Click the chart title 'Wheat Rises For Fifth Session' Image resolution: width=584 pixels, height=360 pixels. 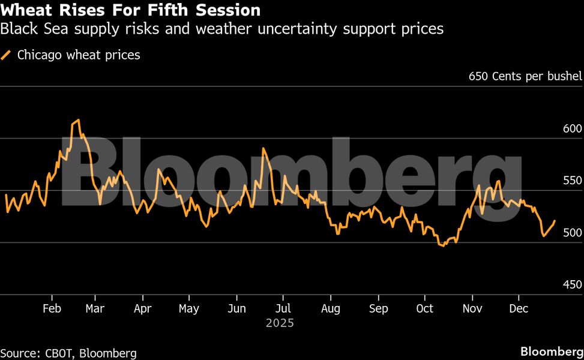tap(131, 10)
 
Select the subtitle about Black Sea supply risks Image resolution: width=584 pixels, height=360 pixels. tap(222, 28)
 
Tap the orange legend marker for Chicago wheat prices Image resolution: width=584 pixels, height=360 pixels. tap(7, 55)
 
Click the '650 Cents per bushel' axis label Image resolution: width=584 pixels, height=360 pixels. tap(525, 76)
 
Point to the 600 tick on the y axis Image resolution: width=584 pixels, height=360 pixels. tap(573, 128)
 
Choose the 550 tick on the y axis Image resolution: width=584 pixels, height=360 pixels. tap(573, 181)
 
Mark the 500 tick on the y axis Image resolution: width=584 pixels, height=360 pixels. tap(573, 232)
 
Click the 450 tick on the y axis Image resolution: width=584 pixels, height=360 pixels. tap(573, 284)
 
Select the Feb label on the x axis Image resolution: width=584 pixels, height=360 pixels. tap(52, 308)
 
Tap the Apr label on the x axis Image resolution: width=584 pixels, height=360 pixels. tap(142, 308)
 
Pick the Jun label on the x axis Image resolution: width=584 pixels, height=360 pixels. tap(237, 308)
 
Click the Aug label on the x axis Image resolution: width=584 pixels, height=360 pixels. tap(331, 308)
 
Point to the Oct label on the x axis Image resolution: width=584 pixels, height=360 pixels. tap(424, 308)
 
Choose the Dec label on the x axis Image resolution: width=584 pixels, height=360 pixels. tap(519, 308)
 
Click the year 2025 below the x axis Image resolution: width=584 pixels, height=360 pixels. tap(280, 323)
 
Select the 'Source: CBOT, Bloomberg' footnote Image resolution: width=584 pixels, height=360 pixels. tap(68, 353)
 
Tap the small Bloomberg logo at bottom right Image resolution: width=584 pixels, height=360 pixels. tap(552, 351)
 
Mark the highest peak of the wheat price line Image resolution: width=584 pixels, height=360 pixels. tap(78, 120)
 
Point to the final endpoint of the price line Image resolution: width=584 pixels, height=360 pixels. tap(555, 221)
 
